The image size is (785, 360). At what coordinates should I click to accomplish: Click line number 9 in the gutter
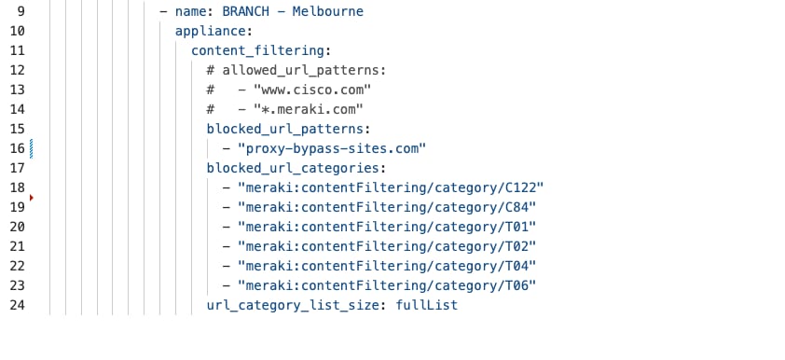(x=18, y=12)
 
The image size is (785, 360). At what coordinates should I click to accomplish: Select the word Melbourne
(x=324, y=12)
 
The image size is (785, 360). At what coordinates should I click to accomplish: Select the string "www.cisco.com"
(x=305, y=90)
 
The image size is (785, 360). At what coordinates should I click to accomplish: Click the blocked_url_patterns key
(x=288, y=130)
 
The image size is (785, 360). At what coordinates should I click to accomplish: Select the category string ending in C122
(x=391, y=188)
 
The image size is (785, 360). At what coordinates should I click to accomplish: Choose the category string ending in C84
(x=387, y=208)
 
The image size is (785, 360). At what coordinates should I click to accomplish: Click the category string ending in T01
(x=387, y=228)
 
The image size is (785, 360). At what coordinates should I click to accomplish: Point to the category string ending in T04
(x=387, y=267)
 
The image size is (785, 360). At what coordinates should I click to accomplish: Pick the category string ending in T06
(x=387, y=286)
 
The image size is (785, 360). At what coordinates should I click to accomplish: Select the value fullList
(x=427, y=306)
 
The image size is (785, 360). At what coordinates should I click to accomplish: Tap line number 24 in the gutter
(x=18, y=306)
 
